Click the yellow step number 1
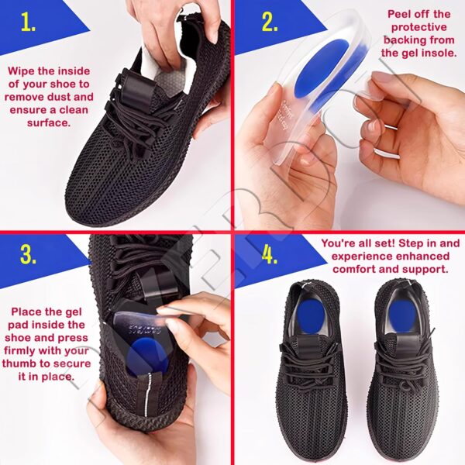tap(29, 22)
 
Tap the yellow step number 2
tap(270, 22)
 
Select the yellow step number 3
tap(28, 255)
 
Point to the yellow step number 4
tap(269, 255)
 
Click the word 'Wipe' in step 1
tap(20, 72)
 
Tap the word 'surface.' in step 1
tap(49, 122)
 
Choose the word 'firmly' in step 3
tap(19, 350)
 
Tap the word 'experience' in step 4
tap(359, 257)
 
